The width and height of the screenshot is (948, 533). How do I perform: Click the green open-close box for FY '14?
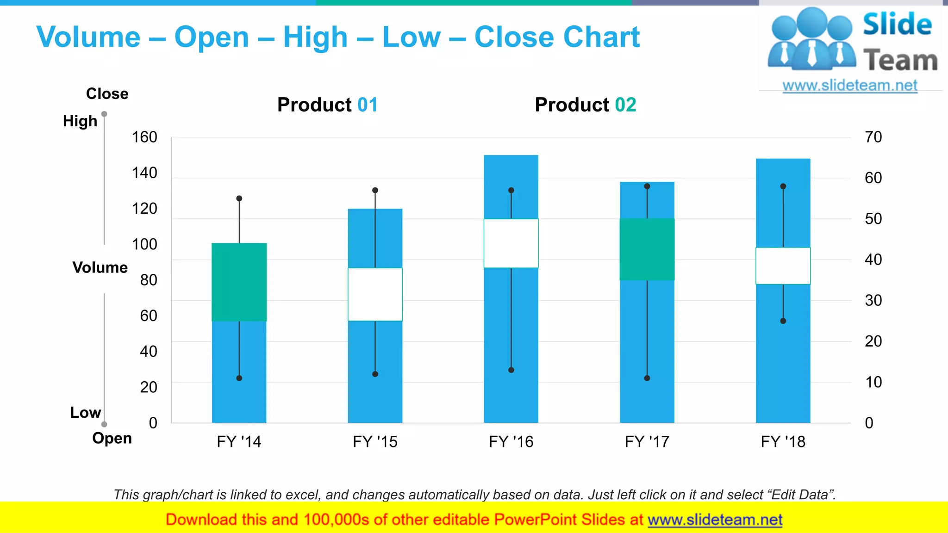click(239, 282)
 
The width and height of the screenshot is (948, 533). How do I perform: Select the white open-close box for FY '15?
click(375, 294)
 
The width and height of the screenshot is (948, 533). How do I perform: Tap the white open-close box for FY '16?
click(511, 243)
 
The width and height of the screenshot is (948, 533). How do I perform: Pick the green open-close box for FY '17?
click(647, 249)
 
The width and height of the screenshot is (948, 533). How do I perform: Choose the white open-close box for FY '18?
click(783, 266)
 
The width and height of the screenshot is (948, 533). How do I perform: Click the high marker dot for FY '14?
click(239, 198)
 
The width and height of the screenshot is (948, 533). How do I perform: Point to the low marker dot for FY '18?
click(783, 321)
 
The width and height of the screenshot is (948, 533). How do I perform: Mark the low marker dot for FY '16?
click(511, 370)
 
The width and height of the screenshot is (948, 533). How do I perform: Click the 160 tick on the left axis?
click(144, 137)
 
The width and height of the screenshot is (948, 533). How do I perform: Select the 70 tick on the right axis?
click(873, 137)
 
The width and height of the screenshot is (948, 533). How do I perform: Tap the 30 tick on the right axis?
click(873, 300)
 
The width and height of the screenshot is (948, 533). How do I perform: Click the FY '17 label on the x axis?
click(647, 441)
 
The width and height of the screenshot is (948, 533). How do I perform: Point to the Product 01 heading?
click(327, 105)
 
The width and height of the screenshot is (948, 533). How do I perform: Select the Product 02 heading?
click(585, 105)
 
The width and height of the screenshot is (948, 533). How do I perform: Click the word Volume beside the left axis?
click(100, 267)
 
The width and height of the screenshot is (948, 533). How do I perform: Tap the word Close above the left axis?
click(107, 93)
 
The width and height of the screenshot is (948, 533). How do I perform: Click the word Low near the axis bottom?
click(85, 412)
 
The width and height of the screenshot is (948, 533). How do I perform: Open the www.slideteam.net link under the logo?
click(849, 86)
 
